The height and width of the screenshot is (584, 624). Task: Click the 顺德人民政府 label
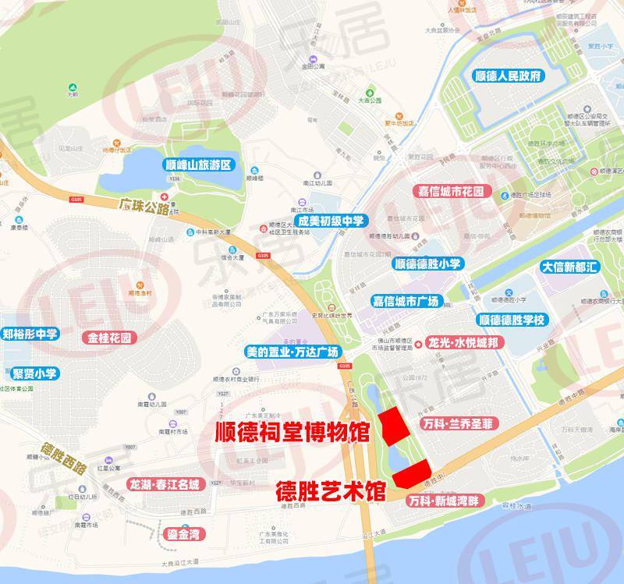coord(512,76)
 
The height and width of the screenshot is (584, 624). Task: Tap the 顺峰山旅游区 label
coord(200,166)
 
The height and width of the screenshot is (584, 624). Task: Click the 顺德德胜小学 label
coord(427,264)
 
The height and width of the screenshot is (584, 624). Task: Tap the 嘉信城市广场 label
coord(406,300)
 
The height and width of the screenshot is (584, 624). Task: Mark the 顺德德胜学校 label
coord(515,320)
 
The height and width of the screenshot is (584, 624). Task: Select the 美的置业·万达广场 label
coord(292,352)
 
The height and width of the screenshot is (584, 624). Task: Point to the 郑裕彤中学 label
coord(30,334)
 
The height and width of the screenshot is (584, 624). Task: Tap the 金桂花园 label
coord(108,338)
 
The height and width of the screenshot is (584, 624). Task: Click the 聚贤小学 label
coord(30,373)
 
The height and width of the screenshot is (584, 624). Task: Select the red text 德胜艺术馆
coord(331,493)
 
